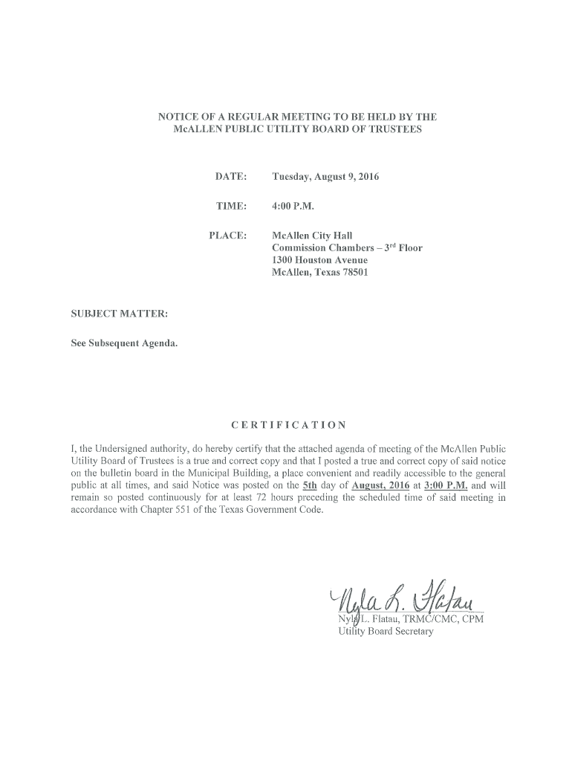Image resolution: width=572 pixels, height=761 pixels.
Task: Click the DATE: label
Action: pyautogui.click(x=230, y=177)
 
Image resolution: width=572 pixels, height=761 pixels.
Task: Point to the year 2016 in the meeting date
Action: pyautogui.click(x=368, y=177)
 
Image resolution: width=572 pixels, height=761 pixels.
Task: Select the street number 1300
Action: pyautogui.click(x=284, y=260)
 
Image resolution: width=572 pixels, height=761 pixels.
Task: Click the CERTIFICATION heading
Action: pyautogui.click(x=288, y=425)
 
